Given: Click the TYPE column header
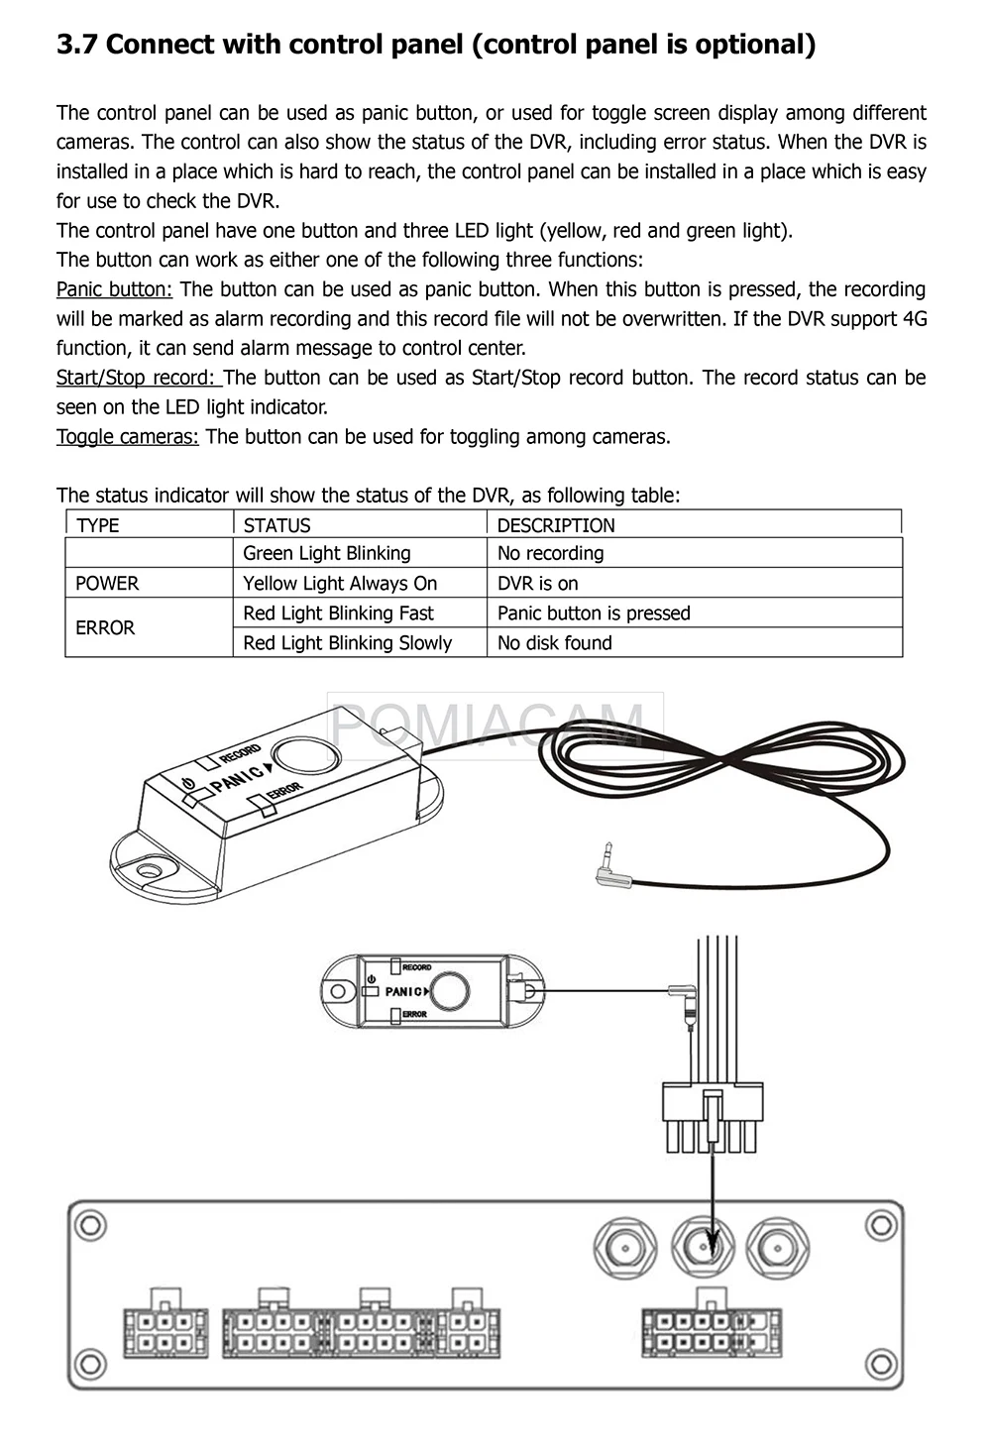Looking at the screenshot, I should click(97, 525).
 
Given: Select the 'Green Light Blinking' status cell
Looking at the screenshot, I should click(326, 553).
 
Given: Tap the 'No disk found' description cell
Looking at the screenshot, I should click(554, 642).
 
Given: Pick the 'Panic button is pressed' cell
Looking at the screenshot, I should click(593, 613).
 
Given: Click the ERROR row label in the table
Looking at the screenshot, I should click(105, 627).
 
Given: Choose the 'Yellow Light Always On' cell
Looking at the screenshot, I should click(340, 583).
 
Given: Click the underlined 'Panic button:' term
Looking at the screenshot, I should click(114, 289).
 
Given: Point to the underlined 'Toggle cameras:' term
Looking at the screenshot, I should click(127, 436).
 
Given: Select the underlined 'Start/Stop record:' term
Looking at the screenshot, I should click(139, 378).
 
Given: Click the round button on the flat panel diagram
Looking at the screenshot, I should click(450, 990).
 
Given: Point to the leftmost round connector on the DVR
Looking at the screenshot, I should click(625, 1247).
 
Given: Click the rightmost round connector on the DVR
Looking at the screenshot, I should click(778, 1247).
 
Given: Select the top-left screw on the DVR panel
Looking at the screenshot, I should click(90, 1225).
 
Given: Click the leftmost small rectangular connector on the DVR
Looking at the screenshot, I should click(165, 1330).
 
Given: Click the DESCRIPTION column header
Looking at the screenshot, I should click(555, 525).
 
